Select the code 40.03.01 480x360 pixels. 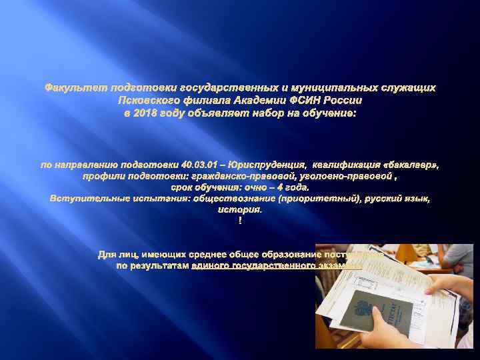[x=192, y=163]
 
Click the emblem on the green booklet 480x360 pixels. [x=363, y=309]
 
